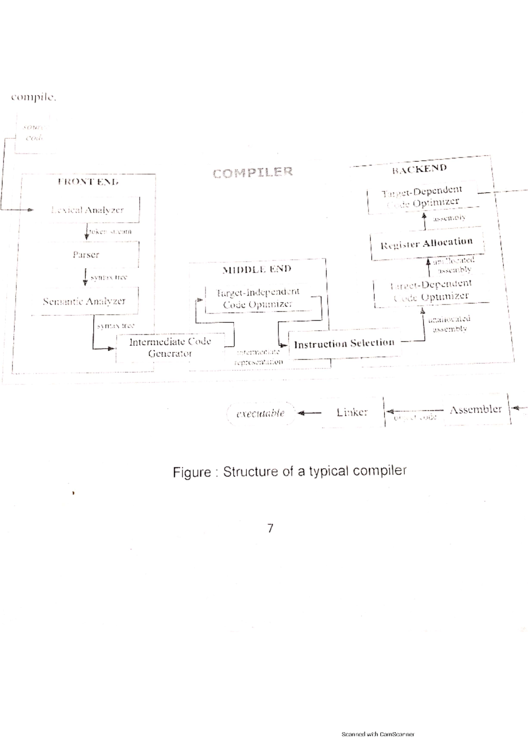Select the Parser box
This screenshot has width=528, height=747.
[86, 255]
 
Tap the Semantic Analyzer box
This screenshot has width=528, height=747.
[84, 301]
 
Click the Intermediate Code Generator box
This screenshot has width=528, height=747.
[170, 348]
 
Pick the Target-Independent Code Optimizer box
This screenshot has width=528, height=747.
[258, 298]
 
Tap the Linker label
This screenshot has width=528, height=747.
[352, 412]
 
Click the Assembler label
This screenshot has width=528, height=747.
[475, 410]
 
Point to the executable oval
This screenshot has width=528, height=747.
[260, 414]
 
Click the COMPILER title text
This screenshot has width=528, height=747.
[253, 172]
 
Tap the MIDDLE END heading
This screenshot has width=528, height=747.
[257, 269]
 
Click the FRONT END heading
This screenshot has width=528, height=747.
[88, 182]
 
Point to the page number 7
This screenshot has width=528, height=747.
[270, 528]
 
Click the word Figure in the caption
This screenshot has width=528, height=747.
[192, 472]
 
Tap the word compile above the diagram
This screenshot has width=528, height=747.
[33, 98]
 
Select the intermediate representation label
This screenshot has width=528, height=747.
[259, 357]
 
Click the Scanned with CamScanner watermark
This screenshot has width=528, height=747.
[378, 734]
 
